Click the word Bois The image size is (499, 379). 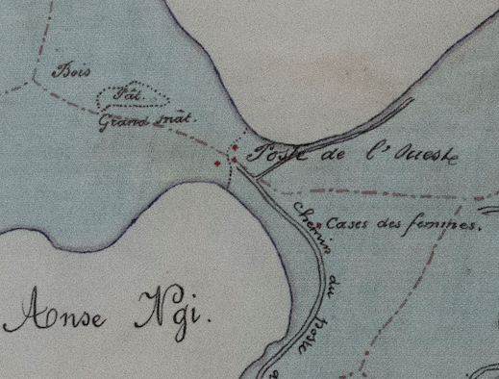70,71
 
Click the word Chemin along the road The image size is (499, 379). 309,225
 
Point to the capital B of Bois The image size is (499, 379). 61,70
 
